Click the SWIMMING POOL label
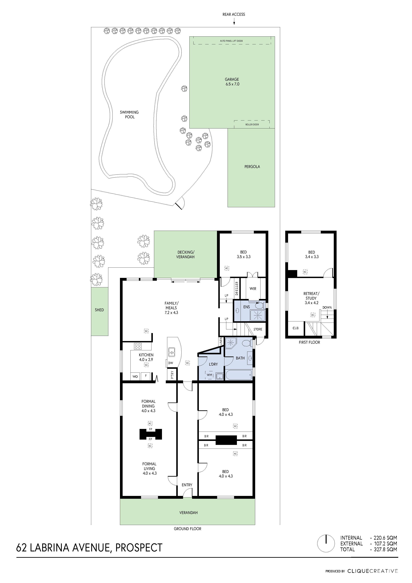tap(129, 115)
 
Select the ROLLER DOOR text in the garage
tap(252, 124)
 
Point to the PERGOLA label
tap(252, 167)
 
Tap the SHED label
tap(99, 310)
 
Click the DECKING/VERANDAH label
tap(186, 254)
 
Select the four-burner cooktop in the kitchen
tap(138, 346)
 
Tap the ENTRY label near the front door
tap(187, 485)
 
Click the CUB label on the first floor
tap(296, 328)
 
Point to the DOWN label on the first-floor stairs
tap(327, 307)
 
